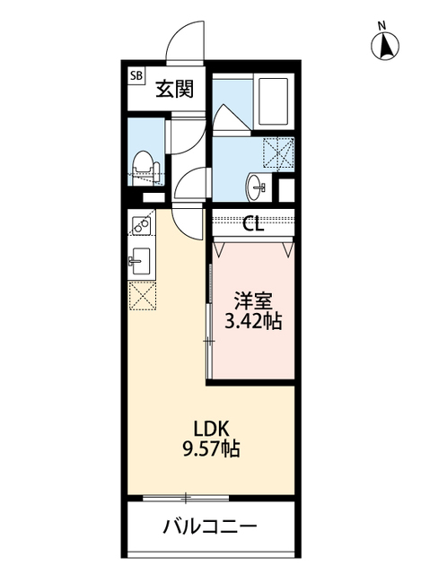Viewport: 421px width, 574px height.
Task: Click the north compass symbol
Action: (383, 46)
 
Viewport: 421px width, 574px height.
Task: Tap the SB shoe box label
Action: (136, 76)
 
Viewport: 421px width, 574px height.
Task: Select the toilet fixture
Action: (142, 165)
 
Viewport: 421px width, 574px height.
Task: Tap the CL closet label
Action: (253, 224)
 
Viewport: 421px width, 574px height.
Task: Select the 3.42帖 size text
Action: (253, 321)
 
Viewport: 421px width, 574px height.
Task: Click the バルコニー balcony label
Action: (210, 526)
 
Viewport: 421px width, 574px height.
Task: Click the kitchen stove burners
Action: (140, 224)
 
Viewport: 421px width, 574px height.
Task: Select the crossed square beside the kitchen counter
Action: (141, 295)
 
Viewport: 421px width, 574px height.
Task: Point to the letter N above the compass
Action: (382, 24)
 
